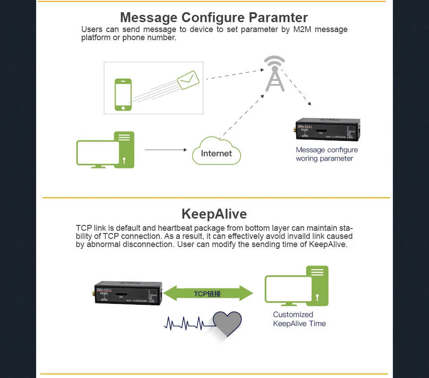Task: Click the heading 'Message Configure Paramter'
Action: [214, 18]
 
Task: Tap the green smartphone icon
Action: [123, 94]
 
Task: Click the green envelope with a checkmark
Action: [188, 80]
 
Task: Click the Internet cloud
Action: [216, 153]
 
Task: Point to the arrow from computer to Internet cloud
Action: [165, 149]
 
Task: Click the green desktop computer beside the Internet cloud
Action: [106, 150]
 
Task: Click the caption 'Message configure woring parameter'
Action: [326, 154]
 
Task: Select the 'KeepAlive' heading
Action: [214, 214]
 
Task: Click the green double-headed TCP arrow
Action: [208, 293]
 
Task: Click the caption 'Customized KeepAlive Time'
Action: [299, 319]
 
